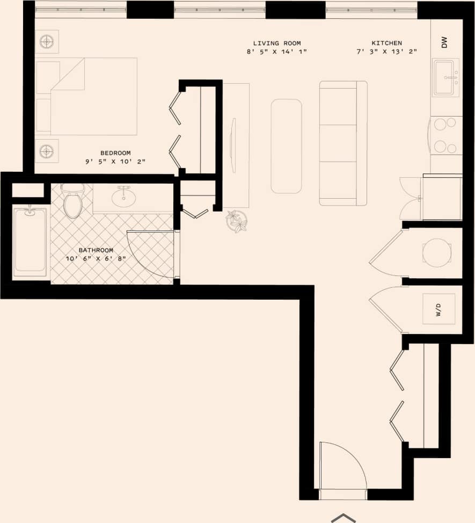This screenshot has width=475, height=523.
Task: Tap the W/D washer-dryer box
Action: coord(439,309)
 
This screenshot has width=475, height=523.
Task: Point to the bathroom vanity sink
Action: coord(123,197)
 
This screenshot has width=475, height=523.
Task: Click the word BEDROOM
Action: coord(115,153)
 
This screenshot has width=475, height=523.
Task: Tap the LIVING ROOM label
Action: coord(277,43)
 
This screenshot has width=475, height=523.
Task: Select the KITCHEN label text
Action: coord(386,43)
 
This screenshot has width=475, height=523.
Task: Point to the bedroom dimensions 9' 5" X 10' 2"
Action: coord(115,162)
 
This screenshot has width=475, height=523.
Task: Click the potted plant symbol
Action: coord(237,221)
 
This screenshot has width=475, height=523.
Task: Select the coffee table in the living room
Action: coord(286,146)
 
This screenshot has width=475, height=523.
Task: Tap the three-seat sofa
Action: coord(343,143)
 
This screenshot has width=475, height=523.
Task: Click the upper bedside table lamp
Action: coord(47,41)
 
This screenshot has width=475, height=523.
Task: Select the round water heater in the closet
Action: coord(437,252)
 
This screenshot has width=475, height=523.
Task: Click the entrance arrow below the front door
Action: coord(344,518)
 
